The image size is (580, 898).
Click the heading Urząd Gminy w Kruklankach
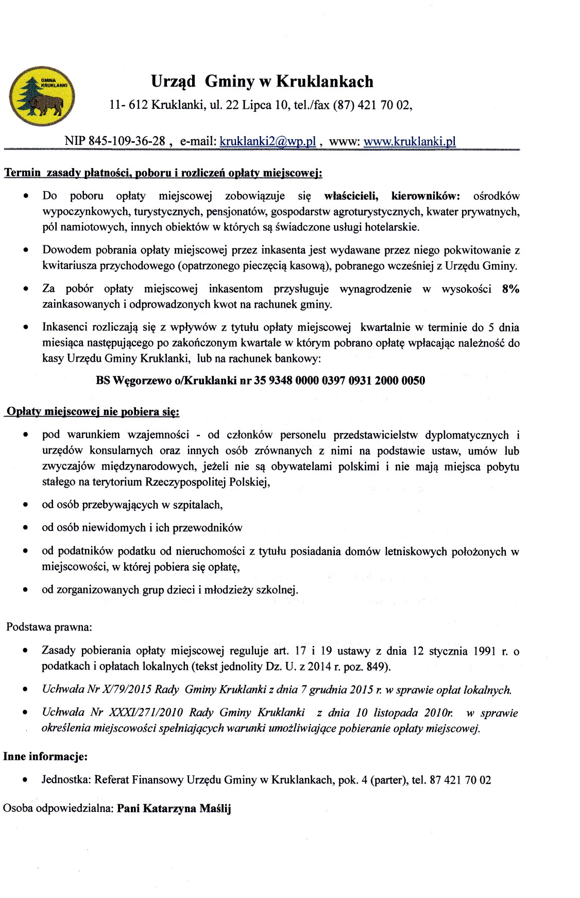[x=262, y=81]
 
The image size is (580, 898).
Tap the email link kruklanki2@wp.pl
[x=267, y=142]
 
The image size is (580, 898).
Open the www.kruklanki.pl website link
[x=410, y=142]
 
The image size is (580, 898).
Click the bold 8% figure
[x=510, y=289]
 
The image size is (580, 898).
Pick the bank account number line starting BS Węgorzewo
[x=261, y=381]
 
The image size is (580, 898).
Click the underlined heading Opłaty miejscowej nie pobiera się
[x=92, y=412]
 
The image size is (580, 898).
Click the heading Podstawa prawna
[x=49, y=627]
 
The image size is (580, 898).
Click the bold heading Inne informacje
[x=45, y=757]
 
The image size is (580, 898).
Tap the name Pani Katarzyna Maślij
[x=174, y=808]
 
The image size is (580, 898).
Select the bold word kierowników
[x=426, y=196]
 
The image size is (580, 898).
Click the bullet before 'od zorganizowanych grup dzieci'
[x=25, y=590]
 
